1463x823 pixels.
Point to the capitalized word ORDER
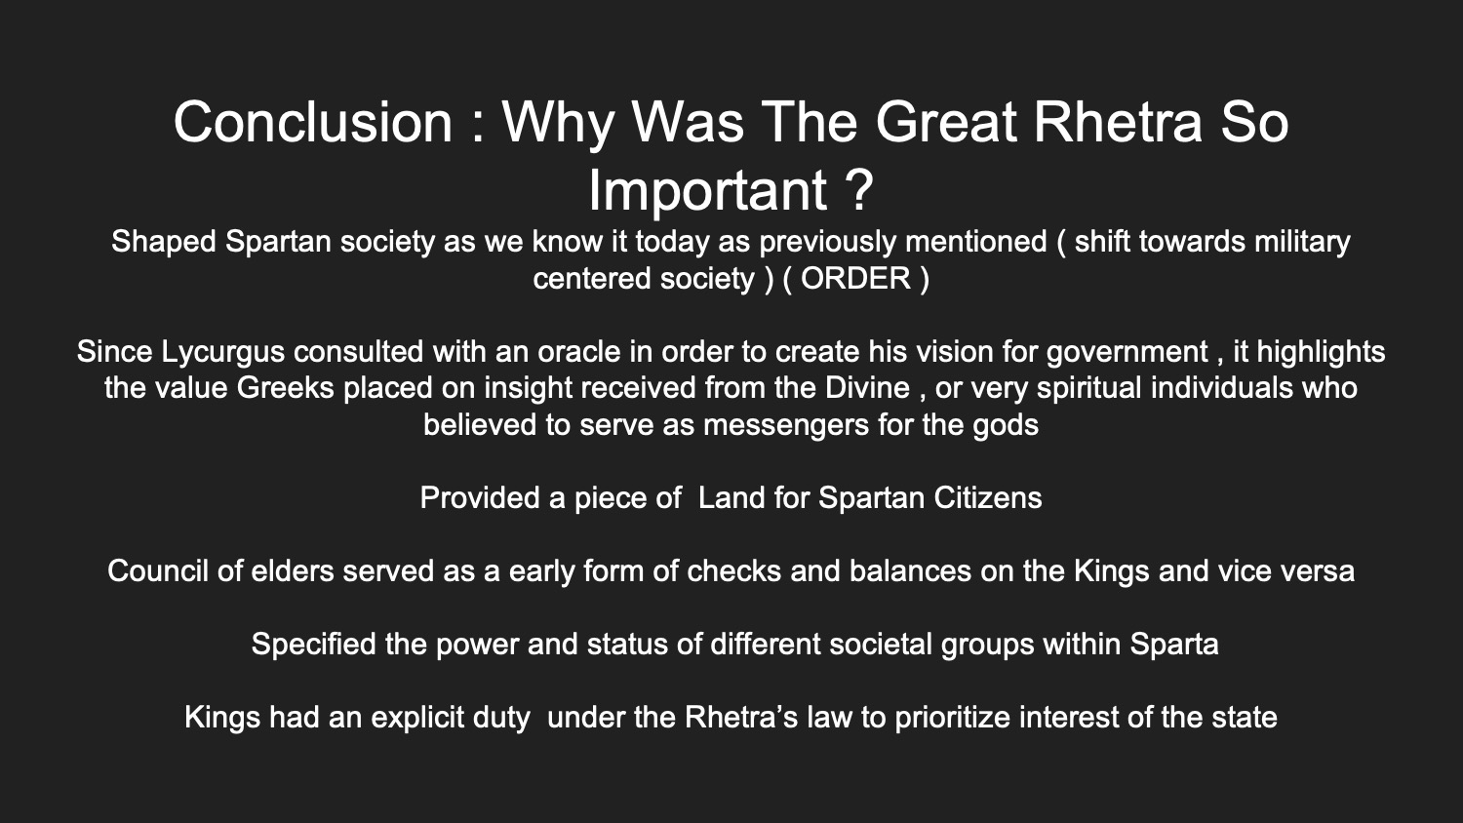[855, 279]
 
